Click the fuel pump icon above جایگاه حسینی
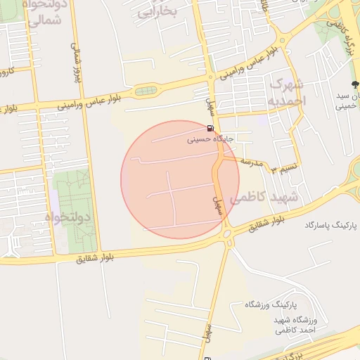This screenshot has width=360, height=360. (210, 129)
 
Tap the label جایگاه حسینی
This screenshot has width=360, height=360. (210, 139)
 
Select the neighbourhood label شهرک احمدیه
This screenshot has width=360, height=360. (288, 92)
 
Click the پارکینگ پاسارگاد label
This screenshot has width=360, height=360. (331, 225)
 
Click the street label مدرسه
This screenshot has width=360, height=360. (251, 162)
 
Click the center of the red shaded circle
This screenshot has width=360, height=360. (171, 180)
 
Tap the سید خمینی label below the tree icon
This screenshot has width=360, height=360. (347, 101)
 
